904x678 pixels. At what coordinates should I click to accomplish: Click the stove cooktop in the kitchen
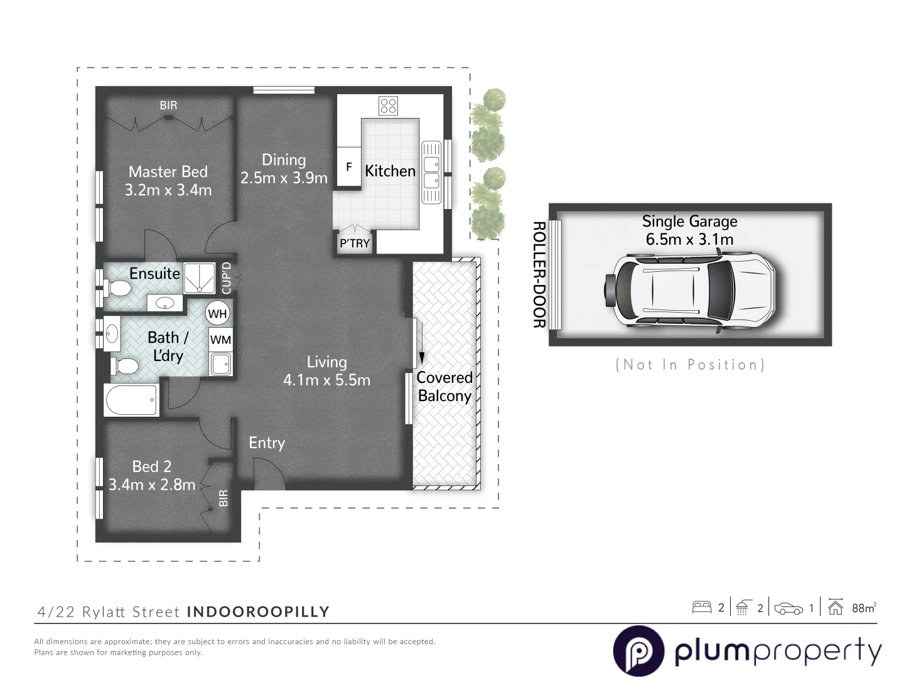388,105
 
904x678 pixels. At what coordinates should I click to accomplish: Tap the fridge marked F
349,167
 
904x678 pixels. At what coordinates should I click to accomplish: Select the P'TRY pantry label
355,243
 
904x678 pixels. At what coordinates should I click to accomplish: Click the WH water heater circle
218,313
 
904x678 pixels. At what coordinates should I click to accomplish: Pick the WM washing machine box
220,340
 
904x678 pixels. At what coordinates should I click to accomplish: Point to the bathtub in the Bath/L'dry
131,400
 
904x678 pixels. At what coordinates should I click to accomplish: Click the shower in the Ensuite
200,277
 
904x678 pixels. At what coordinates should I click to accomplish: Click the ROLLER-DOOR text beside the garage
538,274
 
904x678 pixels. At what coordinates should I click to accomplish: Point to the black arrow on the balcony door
422,357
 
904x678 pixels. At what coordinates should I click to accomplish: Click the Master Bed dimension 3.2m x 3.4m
168,190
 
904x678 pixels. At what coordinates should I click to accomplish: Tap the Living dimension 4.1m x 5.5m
326,380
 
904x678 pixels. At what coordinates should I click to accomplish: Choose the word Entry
267,443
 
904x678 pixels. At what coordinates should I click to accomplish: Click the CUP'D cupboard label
227,278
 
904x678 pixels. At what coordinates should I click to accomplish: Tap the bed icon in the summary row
701,607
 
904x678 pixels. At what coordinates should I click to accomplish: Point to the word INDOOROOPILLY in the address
258,611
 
